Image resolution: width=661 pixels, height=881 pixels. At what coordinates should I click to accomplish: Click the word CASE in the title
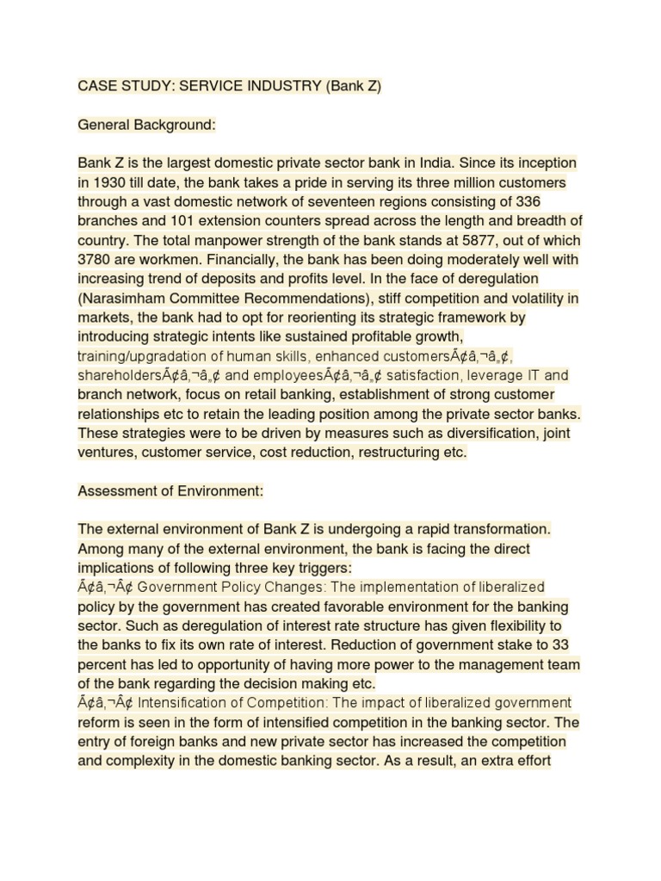97,86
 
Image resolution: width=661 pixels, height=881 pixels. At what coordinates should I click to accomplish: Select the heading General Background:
146,125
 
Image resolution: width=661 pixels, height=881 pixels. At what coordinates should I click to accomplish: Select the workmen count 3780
96,260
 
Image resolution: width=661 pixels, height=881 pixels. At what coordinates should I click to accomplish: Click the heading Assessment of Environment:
170,491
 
